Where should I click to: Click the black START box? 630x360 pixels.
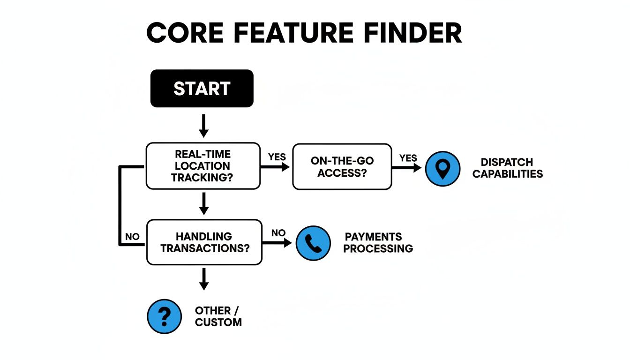click(202, 89)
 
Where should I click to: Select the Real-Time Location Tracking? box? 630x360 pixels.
click(202, 166)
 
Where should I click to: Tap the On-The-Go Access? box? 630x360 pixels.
click(342, 167)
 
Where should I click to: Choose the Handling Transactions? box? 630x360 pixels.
click(204, 242)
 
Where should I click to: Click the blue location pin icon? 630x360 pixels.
click(442, 169)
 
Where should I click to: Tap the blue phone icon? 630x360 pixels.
click(313, 243)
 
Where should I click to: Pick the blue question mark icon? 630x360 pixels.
click(164, 316)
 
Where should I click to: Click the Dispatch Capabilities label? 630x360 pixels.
click(507, 168)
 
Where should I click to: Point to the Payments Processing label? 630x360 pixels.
click(378, 242)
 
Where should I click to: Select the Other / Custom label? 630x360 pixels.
click(218, 316)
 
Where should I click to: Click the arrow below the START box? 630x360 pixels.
click(203, 125)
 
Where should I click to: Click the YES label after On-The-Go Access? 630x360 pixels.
click(408, 158)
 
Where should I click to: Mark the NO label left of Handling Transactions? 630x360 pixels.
click(133, 237)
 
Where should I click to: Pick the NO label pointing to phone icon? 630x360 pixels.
click(278, 232)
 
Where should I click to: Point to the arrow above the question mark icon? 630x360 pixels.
click(203, 279)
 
